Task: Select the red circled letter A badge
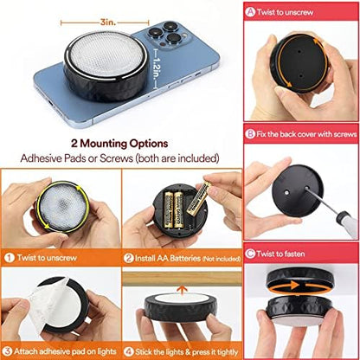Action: point(250,11)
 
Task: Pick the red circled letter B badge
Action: point(250,134)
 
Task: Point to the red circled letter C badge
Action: point(250,254)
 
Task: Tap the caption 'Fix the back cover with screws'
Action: point(304,134)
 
